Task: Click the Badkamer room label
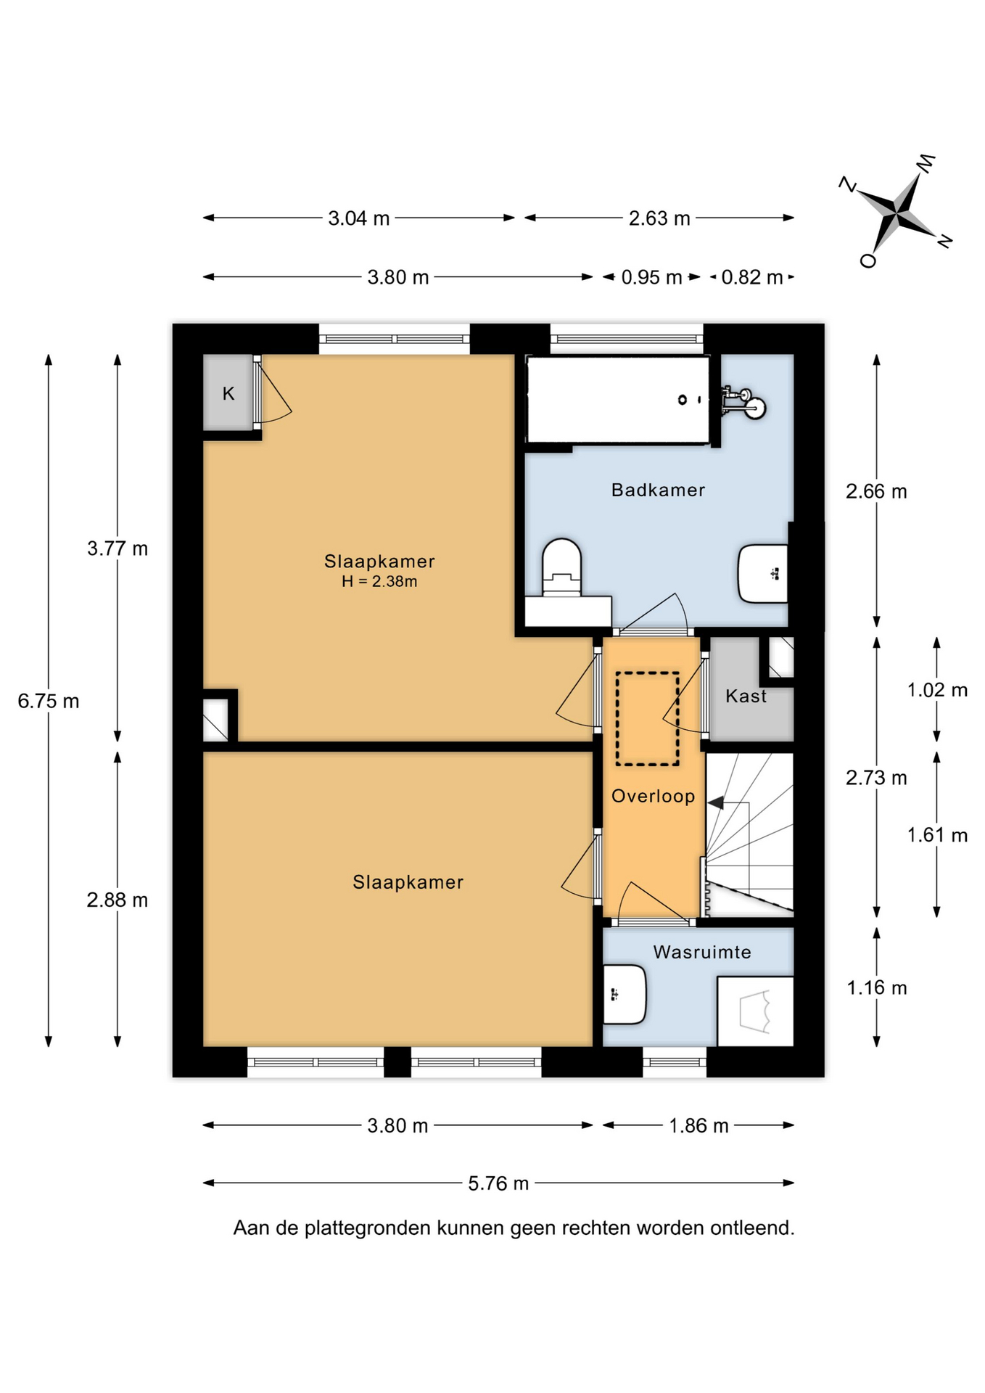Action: pyautogui.click(x=658, y=490)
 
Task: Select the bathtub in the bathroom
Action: pyautogui.click(x=618, y=400)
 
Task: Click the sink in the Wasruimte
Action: pyautogui.click(x=624, y=994)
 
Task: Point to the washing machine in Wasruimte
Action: pyautogui.click(x=755, y=1011)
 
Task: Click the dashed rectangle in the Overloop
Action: pyautogui.click(x=648, y=718)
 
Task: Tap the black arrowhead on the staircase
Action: pyautogui.click(x=716, y=803)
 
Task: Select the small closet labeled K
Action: pyautogui.click(x=228, y=393)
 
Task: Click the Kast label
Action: pyautogui.click(x=746, y=696)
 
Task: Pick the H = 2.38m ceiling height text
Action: pyautogui.click(x=379, y=581)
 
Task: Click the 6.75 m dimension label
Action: pyautogui.click(x=49, y=702)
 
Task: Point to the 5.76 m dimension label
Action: pyautogui.click(x=498, y=1183)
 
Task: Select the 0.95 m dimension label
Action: pyautogui.click(x=651, y=277)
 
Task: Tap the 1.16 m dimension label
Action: pyautogui.click(x=877, y=987)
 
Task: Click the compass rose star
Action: pyautogui.click(x=899, y=213)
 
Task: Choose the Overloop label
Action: pyautogui.click(x=653, y=797)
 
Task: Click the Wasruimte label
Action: pyautogui.click(x=702, y=953)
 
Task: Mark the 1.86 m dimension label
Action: pyautogui.click(x=698, y=1125)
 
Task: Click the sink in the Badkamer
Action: pyautogui.click(x=763, y=574)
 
